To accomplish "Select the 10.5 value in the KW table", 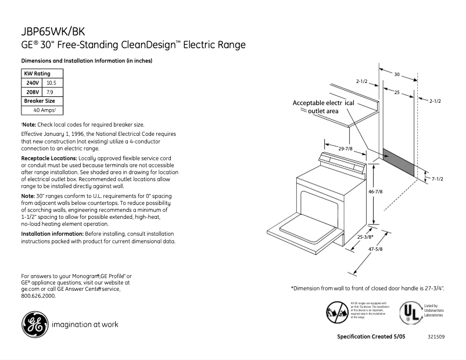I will click(51, 83).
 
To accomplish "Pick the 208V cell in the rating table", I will click(32, 92).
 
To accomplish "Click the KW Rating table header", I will click(37, 74).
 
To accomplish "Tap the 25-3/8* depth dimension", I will click(365, 237).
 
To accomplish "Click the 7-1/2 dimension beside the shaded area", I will click(437, 179).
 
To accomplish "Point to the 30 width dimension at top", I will click(397, 74).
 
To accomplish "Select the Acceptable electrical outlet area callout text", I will click(323, 106).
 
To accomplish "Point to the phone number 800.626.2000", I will click(38, 296).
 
